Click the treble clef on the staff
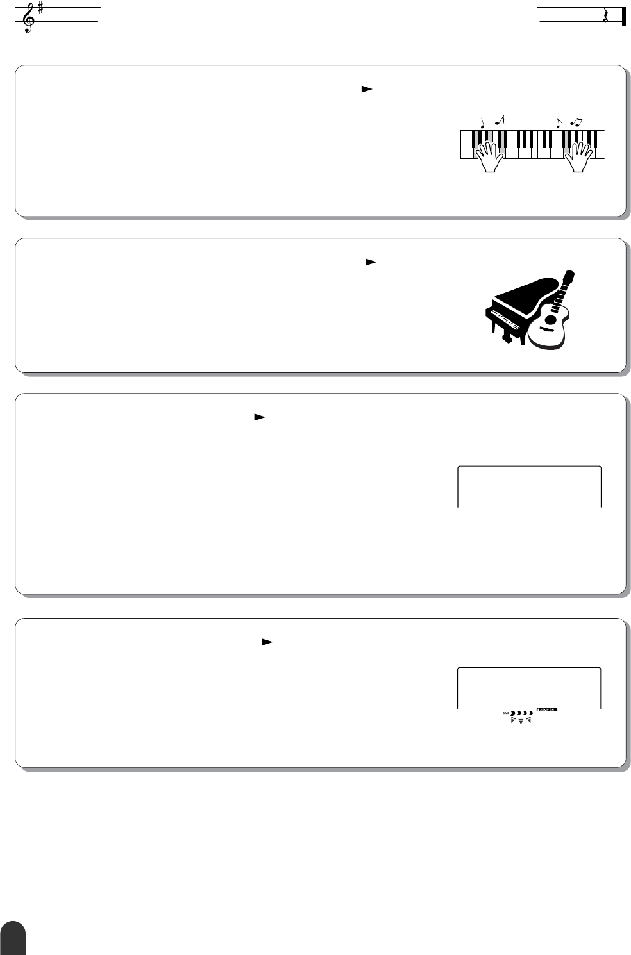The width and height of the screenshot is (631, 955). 28,18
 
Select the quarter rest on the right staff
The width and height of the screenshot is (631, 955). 605,17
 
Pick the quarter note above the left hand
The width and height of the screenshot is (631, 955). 482,122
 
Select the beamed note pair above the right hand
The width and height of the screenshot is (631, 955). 576,121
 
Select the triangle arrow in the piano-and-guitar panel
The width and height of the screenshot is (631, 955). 370,262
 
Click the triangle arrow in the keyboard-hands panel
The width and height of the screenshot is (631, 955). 366,90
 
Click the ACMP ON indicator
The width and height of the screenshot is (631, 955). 547,710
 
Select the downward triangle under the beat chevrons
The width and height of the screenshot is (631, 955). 521,722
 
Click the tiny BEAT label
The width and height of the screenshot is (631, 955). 505,713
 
